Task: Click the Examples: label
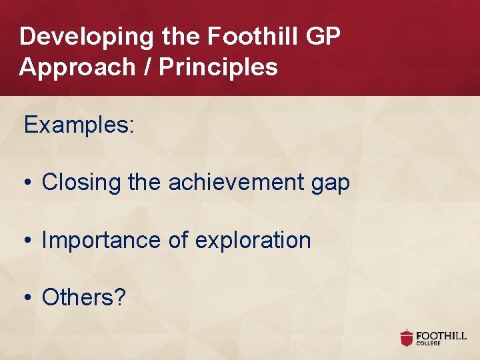79,125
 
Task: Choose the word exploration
253,241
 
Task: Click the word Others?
84,298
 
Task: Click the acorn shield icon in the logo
407,338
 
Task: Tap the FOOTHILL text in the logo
441,335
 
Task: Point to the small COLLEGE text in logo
429,344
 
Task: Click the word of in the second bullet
178,241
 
